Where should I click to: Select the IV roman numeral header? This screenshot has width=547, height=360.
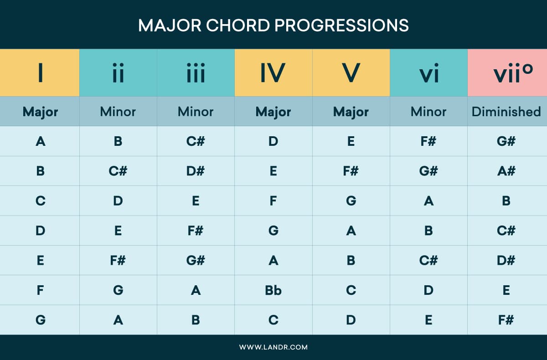click(273, 73)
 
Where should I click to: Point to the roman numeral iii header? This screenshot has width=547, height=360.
click(196, 73)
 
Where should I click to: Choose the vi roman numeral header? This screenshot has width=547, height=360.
click(428, 73)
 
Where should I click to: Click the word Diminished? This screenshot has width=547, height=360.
click(506, 112)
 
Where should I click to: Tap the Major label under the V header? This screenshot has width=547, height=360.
click(351, 112)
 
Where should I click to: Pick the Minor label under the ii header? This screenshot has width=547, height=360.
click(118, 112)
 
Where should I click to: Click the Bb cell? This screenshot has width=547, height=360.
click(273, 290)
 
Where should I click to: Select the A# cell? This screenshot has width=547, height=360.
click(506, 171)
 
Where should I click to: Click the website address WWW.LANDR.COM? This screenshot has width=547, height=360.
click(273, 347)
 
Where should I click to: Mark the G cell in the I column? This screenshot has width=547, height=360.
click(40, 320)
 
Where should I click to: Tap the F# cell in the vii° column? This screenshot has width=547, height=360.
click(506, 320)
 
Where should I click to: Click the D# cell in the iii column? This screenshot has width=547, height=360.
click(196, 171)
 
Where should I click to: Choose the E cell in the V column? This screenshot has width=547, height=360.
click(351, 141)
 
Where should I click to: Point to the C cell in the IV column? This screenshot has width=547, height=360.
click(273, 320)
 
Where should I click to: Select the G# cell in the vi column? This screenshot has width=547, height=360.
click(428, 171)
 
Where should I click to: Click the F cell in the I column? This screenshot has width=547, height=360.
click(40, 290)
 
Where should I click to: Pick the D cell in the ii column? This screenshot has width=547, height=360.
click(118, 201)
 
